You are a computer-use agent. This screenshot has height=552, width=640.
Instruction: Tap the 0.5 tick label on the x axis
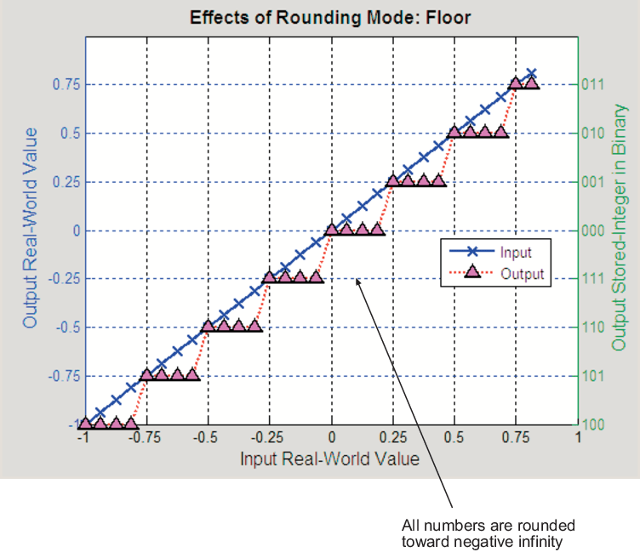(x=455, y=438)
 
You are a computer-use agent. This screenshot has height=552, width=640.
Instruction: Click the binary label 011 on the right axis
(x=594, y=84)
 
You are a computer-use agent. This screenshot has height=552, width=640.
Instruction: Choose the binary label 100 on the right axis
(x=594, y=424)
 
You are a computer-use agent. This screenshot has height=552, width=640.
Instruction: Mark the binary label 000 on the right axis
(x=594, y=230)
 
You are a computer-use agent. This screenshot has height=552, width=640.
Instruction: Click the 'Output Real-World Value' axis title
(x=31, y=228)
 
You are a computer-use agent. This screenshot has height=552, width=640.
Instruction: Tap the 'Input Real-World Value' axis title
(x=330, y=459)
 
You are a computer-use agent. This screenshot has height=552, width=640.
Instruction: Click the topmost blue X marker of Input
(x=532, y=74)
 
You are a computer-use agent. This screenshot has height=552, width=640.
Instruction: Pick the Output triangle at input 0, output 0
(x=332, y=230)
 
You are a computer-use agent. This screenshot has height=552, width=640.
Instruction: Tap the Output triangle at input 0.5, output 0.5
(x=454, y=132)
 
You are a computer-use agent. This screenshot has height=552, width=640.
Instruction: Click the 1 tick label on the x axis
(x=578, y=438)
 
